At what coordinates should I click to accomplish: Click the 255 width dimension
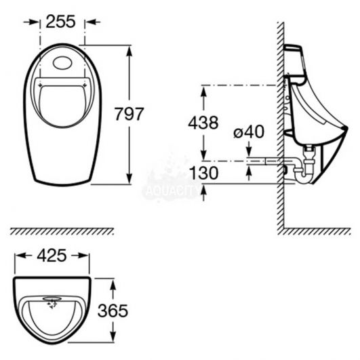click(60, 22)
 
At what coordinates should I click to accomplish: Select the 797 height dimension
click(129, 114)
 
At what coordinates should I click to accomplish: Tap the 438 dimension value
click(203, 123)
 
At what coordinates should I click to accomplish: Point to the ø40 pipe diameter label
click(249, 132)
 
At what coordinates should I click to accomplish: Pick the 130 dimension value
click(203, 173)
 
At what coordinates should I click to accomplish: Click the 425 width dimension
click(52, 256)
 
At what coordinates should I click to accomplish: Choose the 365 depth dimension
click(113, 311)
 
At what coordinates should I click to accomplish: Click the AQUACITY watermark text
click(172, 191)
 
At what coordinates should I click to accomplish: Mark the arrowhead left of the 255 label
click(35, 22)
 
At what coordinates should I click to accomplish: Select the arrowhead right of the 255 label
click(90, 22)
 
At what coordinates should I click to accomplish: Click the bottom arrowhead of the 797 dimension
click(129, 178)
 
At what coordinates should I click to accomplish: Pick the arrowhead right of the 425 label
click(83, 256)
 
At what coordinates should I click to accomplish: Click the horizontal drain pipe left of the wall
click(264, 161)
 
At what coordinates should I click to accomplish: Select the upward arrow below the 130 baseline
click(203, 193)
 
